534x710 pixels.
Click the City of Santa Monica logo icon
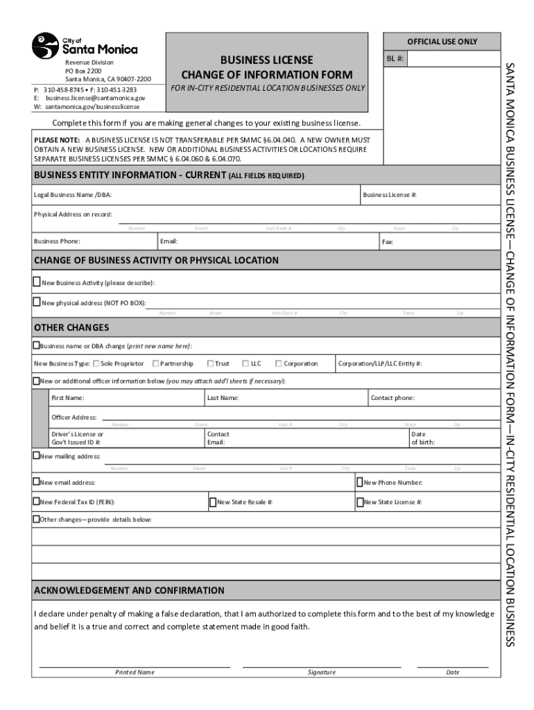(46, 46)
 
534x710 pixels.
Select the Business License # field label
(390, 195)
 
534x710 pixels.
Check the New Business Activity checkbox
(37, 282)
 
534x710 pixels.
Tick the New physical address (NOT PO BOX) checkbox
(37, 302)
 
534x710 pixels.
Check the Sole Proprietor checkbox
(96, 363)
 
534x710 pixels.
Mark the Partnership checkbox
(155, 363)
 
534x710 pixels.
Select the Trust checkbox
(210, 363)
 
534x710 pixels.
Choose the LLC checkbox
(246, 363)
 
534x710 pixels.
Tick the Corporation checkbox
(279, 363)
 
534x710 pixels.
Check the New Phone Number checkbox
(360, 482)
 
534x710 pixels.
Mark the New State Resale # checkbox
(213, 501)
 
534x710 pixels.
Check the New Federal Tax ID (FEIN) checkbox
(37, 501)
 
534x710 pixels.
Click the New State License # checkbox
(360, 501)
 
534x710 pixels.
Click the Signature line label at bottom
(321, 672)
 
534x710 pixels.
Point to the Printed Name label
(135, 672)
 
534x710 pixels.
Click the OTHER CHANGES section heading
(71, 327)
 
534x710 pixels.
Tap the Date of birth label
(423, 438)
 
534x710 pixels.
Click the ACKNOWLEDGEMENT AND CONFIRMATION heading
(129, 591)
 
